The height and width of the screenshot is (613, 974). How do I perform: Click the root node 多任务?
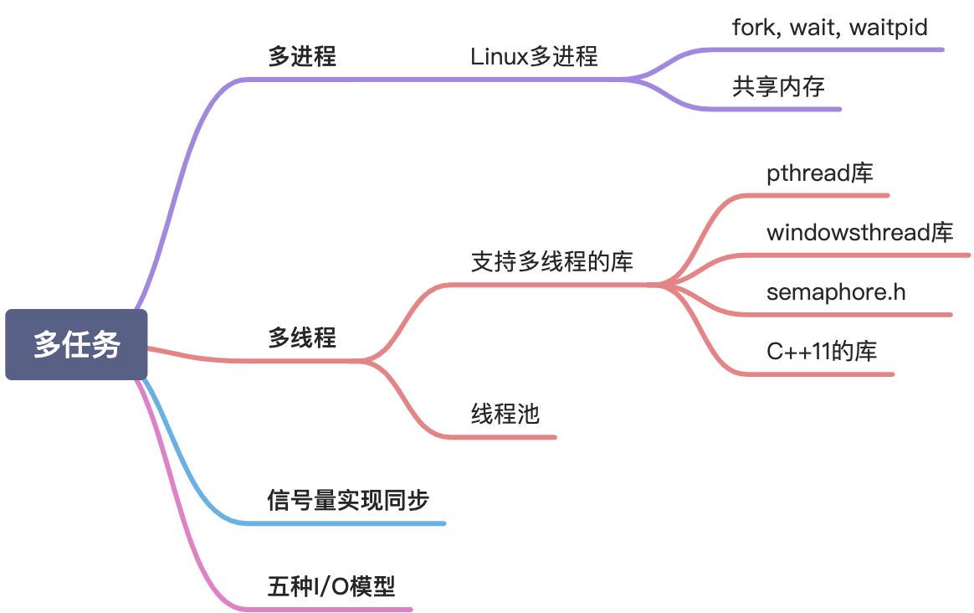click(76, 344)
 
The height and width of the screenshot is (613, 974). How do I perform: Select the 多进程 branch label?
click(302, 57)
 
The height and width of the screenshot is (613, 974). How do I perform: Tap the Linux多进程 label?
click(534, 57)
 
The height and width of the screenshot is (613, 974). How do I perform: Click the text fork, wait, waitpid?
click(829, 28)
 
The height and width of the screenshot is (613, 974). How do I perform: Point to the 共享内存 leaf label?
click(778, 87)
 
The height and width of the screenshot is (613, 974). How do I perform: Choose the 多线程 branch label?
click(302, 338)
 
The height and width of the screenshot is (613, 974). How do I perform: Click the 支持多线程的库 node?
click(552, 262)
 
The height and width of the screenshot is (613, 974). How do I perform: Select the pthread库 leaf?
click(819, 173)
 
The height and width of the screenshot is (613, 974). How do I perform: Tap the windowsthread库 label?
click(859, 232)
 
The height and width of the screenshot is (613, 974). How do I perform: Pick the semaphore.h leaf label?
click(835, 292)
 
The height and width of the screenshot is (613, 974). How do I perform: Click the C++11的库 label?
click(821, 352)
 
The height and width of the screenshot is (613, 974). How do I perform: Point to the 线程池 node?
click(505, 414)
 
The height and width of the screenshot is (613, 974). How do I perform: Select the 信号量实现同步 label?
click(348, 501)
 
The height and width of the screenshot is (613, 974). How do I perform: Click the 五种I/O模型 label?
click(331, 585)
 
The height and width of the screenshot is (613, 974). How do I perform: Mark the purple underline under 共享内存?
click(787, 109)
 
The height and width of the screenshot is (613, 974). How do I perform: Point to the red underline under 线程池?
click(510, 436)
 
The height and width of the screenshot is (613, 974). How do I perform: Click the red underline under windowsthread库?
click(862, 255)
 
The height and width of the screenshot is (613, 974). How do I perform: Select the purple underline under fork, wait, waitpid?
click(837, 49)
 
